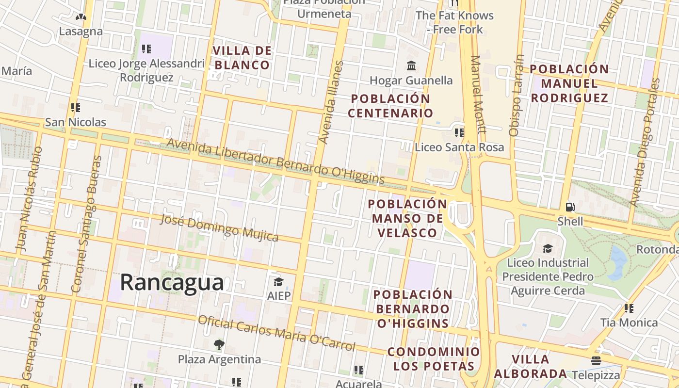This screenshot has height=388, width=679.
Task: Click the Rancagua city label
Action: pyautogui.click(x=172, y=282)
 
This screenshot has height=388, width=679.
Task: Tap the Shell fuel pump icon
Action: pyautogui.click(x=570, y=207)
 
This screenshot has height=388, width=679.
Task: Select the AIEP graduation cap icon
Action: pyautogui.click(x=278, y=282)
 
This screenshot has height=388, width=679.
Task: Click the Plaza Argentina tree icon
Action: pyautogui.click(x=219, y=345)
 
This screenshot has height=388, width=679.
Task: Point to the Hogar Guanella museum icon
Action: pyautogui.click(x=411, y=65)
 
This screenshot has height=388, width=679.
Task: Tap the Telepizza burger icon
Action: pyautogui.click(x=596, y=361)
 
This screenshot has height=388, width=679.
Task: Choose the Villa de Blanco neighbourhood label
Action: pyautogui.click(x=242, y=58)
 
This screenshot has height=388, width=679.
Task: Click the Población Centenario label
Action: pyautogui.click(x=390, y=106)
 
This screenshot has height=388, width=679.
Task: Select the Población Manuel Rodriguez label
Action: pyautogui.click(x=569, y=83)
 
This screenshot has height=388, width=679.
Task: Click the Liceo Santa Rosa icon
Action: pyautogui.click(x=459, y=132)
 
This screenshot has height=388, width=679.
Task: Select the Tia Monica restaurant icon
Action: pyautogui.click(x=629, y=308)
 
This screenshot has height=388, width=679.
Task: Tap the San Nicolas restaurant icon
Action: pyautogui.click(x=75, y=107)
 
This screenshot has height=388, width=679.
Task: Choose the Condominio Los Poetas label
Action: pyautogui.click(x=434, y=359)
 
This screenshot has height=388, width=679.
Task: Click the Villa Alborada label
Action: pyautogui.click(x=531, y=366)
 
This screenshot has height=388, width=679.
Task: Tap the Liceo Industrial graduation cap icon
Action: pyautogui.click(x=547, y=248)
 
